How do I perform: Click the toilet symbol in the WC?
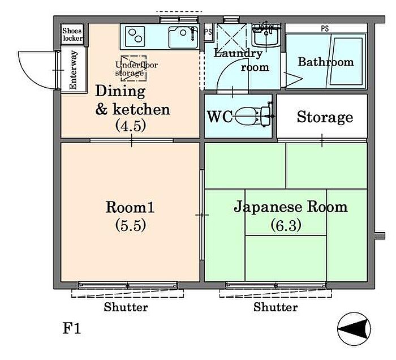coord(254,116)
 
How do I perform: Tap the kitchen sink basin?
coord(183,37)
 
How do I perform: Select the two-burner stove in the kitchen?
coord(135,36)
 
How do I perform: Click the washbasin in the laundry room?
coord(266,35)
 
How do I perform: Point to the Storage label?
coord(325,117)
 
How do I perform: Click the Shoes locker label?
coord(72,35)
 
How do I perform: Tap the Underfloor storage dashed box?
coord(134,68)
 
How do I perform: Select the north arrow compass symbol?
coord(354,329)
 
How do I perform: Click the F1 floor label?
coord(72,329)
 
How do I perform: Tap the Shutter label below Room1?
coord(126,307)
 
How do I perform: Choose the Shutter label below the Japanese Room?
coord(276,307)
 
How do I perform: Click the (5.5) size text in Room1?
coord(131,225)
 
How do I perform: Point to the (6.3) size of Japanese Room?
coord(286,225)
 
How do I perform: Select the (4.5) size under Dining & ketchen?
coord(131,126)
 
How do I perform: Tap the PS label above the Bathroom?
coord(325,28)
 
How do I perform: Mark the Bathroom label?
coord(326,62)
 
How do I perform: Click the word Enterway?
coord(73,70)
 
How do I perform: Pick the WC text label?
coord(219,117)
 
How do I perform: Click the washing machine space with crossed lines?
coord(231,36)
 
